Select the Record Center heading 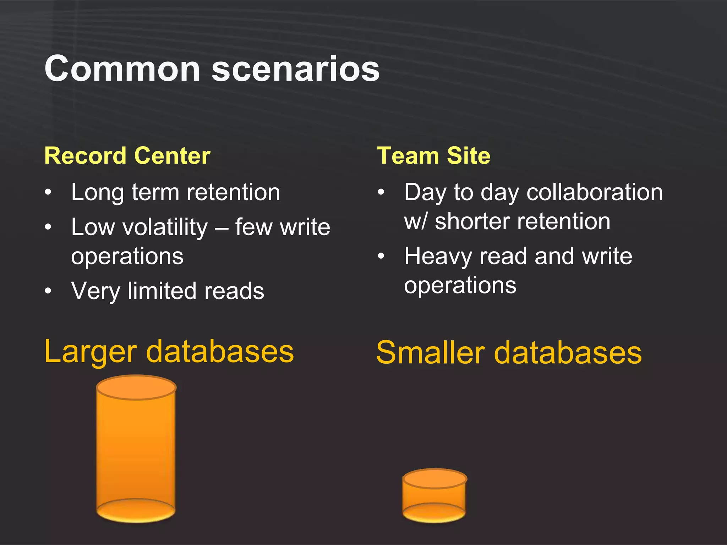[x=127, y=156]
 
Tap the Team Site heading [x=433, y=156]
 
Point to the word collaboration [x=594, y=193]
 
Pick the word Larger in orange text [x=91, y=352]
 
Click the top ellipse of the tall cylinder [x=136, y=387]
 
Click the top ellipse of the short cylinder [x=434, y=479]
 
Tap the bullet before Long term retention [x=48, y=193]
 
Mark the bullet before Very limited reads [x=48, y=291]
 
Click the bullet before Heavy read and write [x=381, y=256]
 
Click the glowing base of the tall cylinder [x=136, y=511]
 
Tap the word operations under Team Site [x=460, y=285]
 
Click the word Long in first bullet [x=97, y=193]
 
